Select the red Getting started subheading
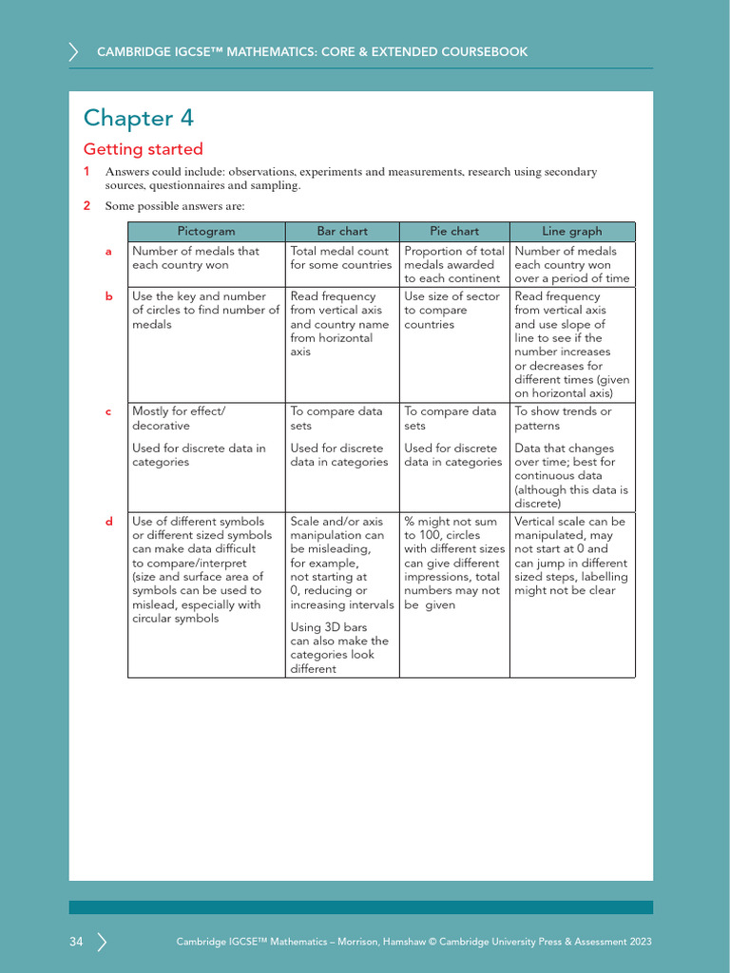tap(144, 149)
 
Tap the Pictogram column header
tap(206, 231)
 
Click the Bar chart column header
tap(342, 231)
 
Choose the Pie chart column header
tap(454, 231)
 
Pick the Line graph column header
tap(572, 231)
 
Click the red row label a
tap(109, 252)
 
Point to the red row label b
tap(109, 296)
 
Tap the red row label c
tap(109, 412)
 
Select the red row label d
tap(109, 522)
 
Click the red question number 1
tap(86, 172)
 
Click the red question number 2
tap(86, 206)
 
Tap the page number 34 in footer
tap(76, 942)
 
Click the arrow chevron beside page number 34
tap(102, 942)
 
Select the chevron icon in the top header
tap(74, 51)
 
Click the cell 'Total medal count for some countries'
tap(340, 258)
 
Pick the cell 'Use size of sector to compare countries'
tap(451, 311)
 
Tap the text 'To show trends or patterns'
tap(563, 419)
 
